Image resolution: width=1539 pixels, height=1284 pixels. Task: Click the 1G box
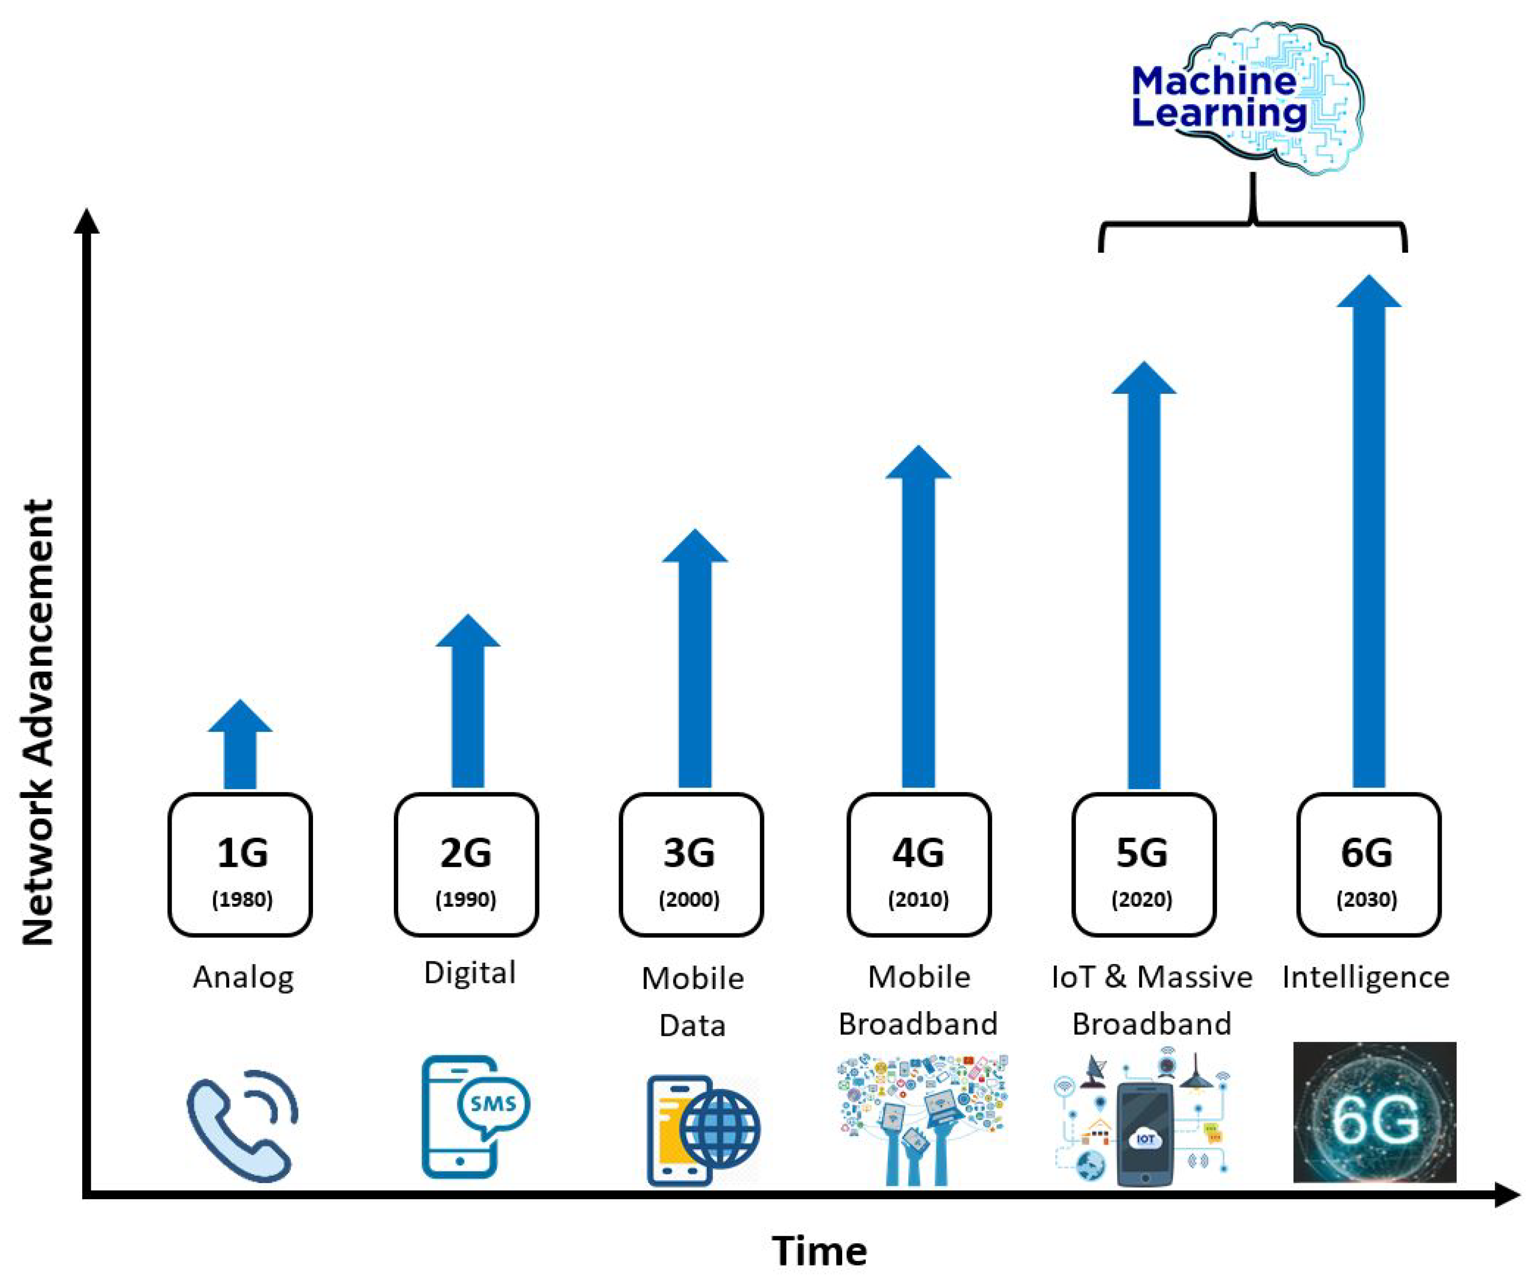(x=240, y=865)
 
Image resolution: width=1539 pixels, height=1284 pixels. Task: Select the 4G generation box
(x=919, y=865)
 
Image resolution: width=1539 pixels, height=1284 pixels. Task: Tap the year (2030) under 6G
(x=1367, y=899)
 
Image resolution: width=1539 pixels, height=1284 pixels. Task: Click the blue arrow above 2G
(x=468, y=704)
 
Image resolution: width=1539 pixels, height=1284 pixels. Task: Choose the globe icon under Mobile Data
(x=720, y=1129)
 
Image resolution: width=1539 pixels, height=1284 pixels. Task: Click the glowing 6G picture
(x=1374, y=1112)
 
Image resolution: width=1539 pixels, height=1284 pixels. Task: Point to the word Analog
(x=243, y=977)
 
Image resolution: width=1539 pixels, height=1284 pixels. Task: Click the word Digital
(x=470, y=973)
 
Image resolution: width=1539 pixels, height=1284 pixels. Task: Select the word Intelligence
(x=1366, y=977)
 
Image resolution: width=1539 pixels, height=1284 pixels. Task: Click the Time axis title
(x=819, y=1250)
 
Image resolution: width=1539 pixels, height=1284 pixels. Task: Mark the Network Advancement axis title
(x=38, y=722)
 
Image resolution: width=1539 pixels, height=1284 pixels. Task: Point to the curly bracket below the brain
(x=1253, y=224)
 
